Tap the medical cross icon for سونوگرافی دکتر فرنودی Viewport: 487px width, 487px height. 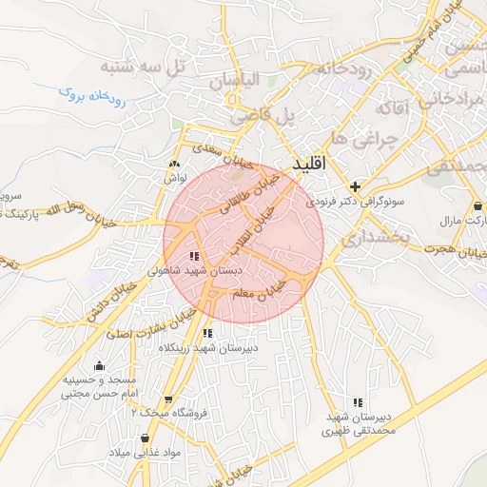(355, 186)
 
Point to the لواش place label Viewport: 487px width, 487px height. (176, 177)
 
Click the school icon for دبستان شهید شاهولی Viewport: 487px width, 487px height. (194, 257)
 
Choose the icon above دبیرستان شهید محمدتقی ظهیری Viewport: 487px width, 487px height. (358, 402)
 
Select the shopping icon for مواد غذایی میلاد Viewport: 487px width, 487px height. (145, 438)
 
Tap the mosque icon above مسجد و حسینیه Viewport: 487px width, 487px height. (99, 365)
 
